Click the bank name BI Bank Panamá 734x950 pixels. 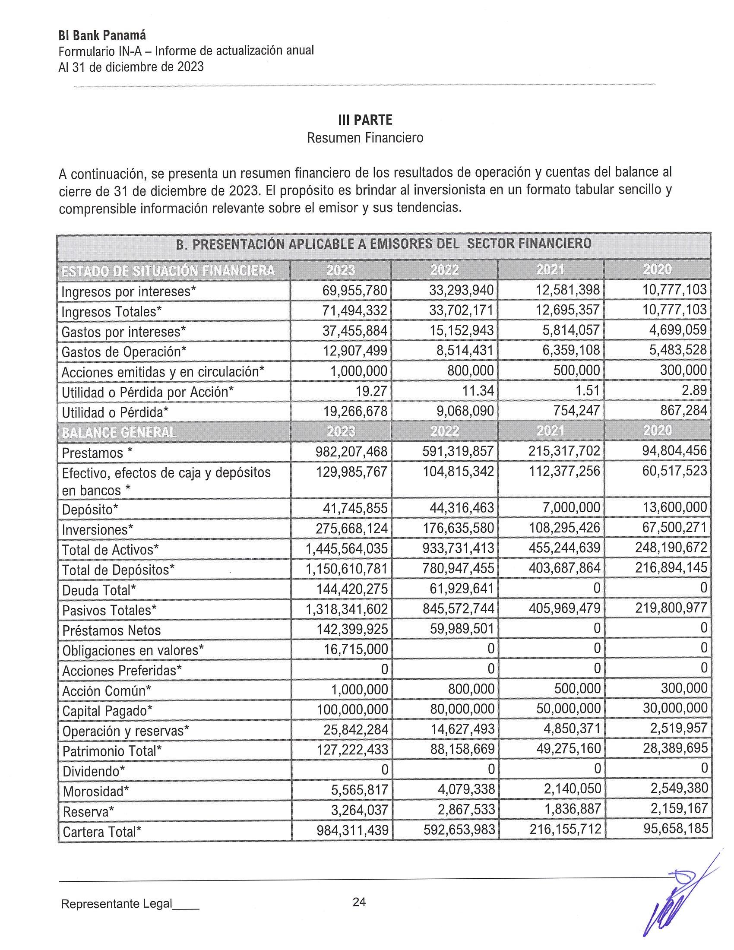(x=102, y=35)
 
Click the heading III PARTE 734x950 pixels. (x=365, y=120)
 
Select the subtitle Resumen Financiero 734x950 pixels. (x=365, y=138)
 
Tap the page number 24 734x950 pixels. (x=359, y=902)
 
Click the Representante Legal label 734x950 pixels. (x=117, y=904)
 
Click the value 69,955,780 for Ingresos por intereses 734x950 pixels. (x=355, y=290)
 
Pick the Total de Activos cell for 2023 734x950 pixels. (x=347, y=548)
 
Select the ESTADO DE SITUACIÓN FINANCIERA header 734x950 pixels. (x=168, y=271)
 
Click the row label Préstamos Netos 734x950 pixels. (x=111, y=630)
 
